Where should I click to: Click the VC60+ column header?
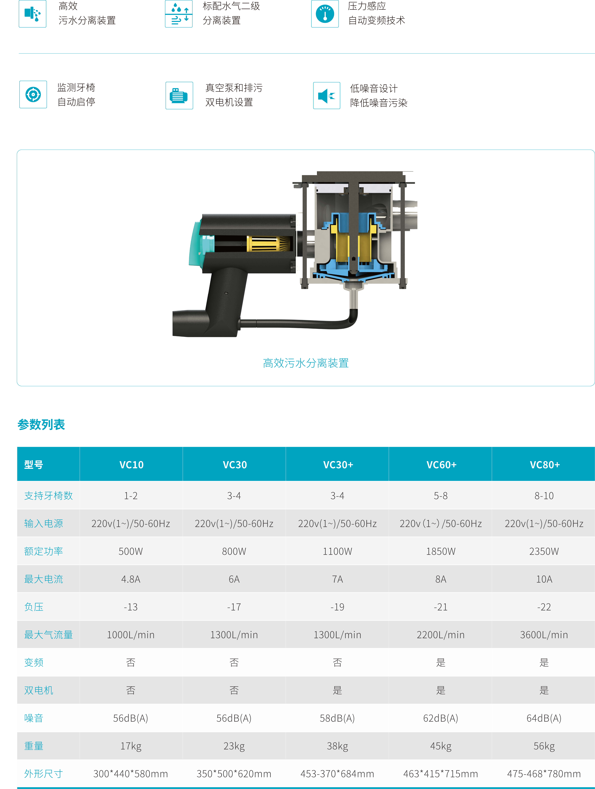441,465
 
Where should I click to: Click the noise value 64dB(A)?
544,718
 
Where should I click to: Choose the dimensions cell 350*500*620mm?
234,774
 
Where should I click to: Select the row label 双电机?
38,690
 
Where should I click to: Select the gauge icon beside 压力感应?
325,14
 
